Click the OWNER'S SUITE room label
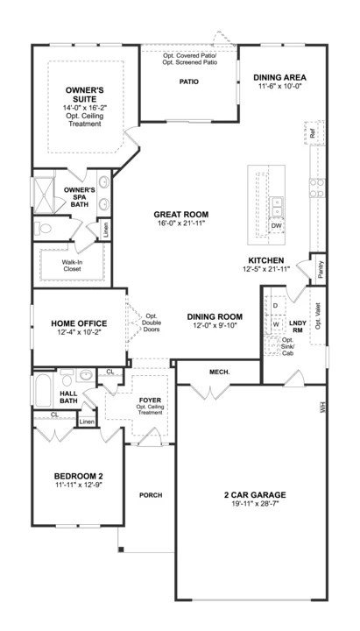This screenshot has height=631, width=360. (x=84, y=95)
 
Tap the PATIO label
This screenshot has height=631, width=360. (x=188, y=82)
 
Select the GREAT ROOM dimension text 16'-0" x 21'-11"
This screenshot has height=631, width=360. (x=181, y=223)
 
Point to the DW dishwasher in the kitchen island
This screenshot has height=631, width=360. (x=276, y=226)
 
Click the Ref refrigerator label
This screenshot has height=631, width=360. (x=314, y=134)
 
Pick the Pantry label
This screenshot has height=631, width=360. (x=321, y=269)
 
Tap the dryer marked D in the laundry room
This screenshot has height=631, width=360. (x=276, y=306)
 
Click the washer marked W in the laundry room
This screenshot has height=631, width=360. (x=276, y=323)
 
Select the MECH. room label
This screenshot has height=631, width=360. (x=220, y=372)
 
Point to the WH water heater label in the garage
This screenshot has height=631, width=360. (x=321, y=408)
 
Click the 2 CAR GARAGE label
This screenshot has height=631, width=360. (x=255, y=495)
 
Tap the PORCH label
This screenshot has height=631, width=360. (x=151, y=495)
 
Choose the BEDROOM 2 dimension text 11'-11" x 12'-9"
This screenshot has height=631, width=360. (x=79, y=485)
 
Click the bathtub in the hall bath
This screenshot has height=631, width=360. (x=43, y=390)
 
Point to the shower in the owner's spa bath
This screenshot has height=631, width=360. (x=44, y=195)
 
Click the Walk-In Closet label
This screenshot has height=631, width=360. (x=71, y=266)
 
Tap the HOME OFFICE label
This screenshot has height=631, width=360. (x=79, y=323)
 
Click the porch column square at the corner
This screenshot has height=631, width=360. (x=121, y=549)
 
